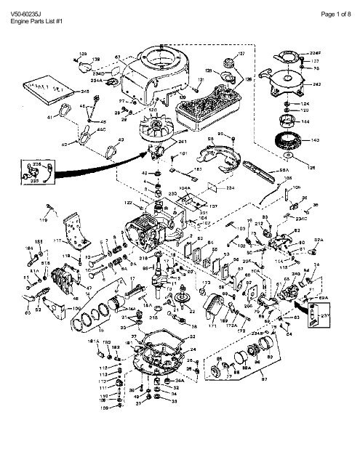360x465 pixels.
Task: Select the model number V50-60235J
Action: pos(26,5)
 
